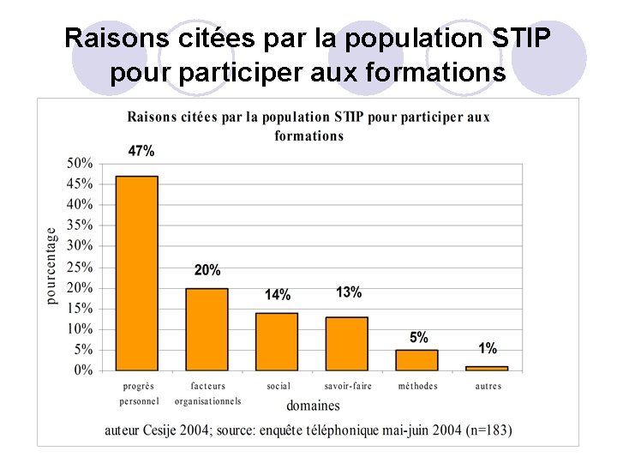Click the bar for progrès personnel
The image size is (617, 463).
137,273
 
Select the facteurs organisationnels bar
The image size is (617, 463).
207,329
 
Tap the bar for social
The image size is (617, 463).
277,341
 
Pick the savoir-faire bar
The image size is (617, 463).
347,344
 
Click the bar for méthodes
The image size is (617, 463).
416,360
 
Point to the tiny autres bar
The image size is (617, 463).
487,368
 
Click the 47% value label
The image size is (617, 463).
141,151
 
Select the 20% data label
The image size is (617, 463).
207,270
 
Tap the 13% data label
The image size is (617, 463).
349,292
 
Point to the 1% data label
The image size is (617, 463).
488,348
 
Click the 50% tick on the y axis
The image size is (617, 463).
80,163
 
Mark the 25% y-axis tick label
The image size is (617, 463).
80,267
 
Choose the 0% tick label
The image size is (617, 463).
83,370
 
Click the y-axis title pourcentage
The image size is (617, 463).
51,265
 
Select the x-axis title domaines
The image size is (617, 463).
313,406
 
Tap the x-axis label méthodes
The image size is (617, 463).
417,386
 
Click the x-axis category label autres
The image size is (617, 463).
488,386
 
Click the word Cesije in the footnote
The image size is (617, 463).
174,430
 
